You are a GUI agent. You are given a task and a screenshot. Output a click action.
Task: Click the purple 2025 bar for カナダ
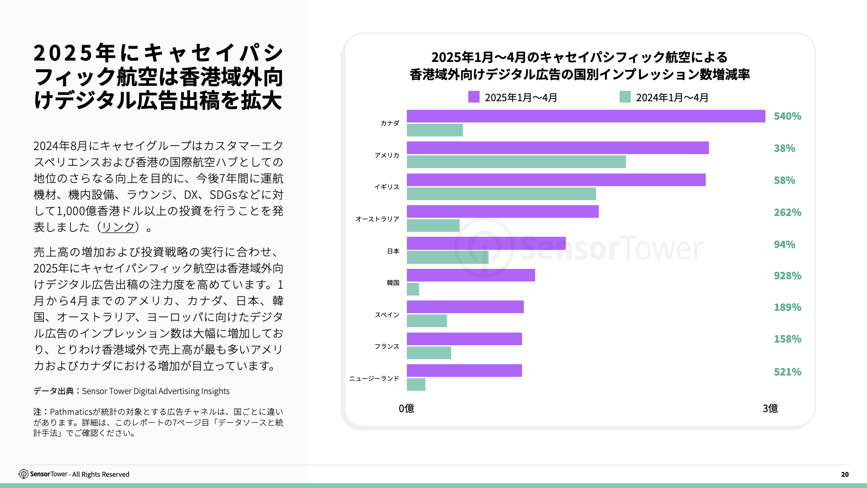pos(586,116)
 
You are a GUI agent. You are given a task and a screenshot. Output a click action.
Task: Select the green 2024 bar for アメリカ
pos(516,162)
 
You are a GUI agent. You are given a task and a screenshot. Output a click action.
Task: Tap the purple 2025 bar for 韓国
pos(471,275)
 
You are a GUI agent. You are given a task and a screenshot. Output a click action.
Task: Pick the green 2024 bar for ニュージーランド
pos(416,385)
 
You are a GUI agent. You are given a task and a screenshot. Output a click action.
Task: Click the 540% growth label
pos(787,116)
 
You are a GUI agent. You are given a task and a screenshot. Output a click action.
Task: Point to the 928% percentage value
pos(787,276)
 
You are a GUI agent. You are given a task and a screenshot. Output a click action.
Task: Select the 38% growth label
pos(784,148)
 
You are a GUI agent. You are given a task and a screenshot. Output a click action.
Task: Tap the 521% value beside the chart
pos(787,372)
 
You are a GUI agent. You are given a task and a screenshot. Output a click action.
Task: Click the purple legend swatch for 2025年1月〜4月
pos(474,97)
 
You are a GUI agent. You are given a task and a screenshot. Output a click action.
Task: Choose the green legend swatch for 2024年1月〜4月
pos(625,97)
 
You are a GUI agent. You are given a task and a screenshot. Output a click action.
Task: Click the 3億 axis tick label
pos(770,408)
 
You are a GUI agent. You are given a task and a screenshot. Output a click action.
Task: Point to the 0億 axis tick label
pos(406,408)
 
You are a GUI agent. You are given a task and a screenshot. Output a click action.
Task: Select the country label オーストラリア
pos(377,219)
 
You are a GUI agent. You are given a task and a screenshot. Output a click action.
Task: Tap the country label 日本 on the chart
pos(393,251)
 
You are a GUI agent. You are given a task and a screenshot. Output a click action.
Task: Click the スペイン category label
pos(387,315)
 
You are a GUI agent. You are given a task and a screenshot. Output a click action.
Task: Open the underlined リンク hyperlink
pos(118,227)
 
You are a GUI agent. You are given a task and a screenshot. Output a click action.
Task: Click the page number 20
pos(844,474)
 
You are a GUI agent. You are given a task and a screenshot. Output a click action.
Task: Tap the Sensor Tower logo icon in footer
pos(23,474)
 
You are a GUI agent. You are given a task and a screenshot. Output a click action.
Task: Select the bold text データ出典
pos(53,391)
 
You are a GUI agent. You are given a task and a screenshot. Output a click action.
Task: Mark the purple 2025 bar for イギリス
pos(556,180)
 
